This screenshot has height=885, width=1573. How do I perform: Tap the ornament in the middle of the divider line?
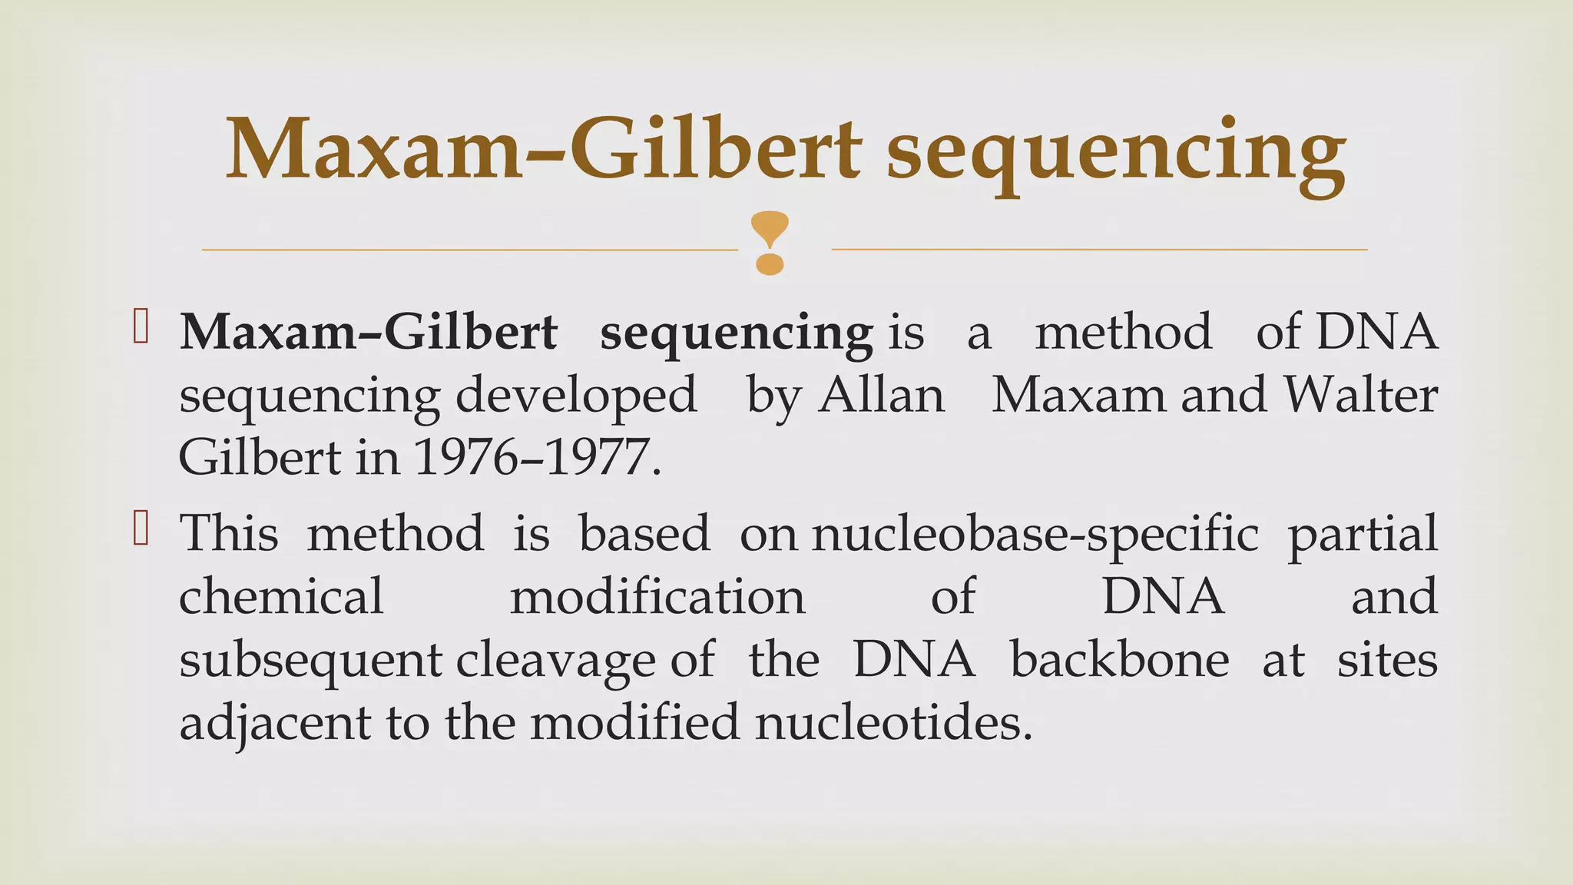[x=769, y=244]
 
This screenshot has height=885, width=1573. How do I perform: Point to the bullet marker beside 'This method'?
[x=141, y=528]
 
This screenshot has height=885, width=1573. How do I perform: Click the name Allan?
[x=881, y=396]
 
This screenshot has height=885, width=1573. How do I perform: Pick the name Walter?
[x=1360, y=396]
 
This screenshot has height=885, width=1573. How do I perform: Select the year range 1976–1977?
[x=535, y=458]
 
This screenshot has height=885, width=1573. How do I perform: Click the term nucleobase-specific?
[x=1035, y=534]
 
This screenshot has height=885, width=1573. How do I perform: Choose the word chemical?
[x=281, y=596]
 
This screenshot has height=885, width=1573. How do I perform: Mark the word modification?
[x=657, y=596]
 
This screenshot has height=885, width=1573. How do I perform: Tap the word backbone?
[x=1119, y=659]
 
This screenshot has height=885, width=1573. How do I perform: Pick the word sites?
[x=1386, y=659]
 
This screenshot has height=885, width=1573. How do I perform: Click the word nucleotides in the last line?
[x=893, y=722]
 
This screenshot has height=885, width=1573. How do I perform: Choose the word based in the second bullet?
[x=644, y=532]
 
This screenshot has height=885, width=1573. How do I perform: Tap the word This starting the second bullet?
[x=228, y=532]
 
